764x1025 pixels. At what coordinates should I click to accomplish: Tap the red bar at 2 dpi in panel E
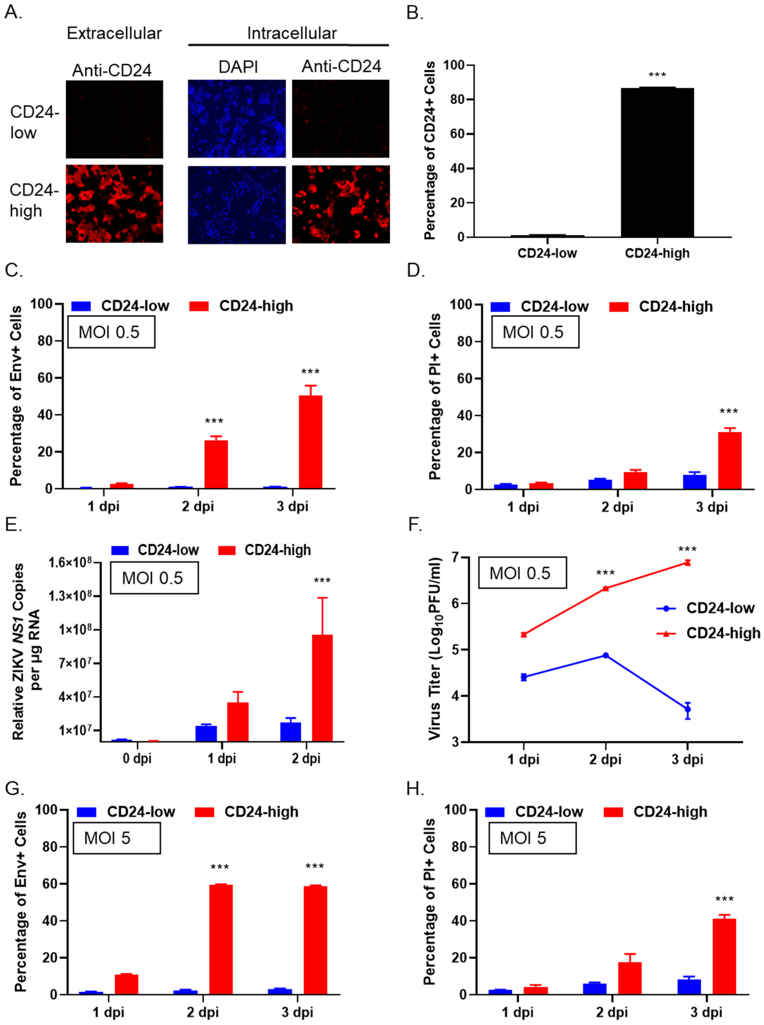322,688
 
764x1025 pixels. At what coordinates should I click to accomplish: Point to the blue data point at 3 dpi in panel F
687,709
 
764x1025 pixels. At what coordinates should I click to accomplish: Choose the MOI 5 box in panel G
116,838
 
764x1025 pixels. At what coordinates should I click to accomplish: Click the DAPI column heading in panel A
238,67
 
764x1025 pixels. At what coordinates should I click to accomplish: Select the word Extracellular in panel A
114,33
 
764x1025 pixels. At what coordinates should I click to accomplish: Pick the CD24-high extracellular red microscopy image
114,204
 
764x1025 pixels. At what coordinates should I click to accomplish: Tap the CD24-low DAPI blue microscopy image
237,119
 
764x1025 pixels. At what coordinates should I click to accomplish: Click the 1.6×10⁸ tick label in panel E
70,563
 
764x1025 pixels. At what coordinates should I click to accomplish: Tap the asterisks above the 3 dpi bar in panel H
724,899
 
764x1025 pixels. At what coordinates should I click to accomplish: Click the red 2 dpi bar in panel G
221,940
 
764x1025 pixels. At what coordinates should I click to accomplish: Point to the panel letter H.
415,789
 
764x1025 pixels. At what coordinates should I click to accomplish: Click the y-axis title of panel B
430,151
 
